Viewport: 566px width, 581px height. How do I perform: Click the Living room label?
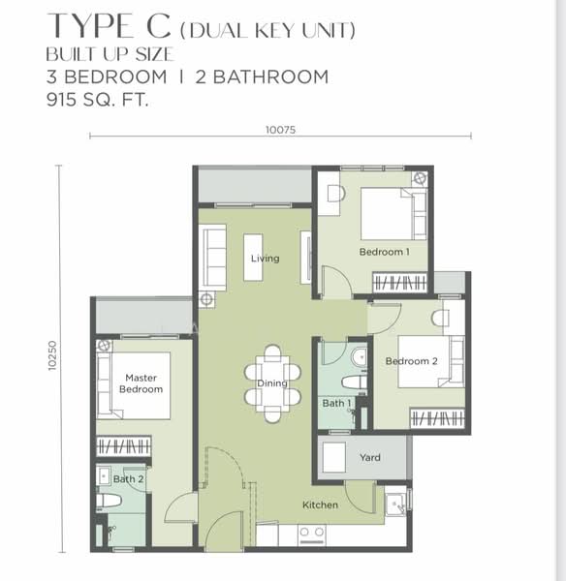[x=265, y=259]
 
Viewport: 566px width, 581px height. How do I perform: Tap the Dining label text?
[x=271, y=383]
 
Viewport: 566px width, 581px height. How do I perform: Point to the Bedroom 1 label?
[x=383, y=252]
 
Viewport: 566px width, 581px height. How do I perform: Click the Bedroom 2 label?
[x=412, y=361]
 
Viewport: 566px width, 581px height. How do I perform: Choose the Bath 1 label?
[x=336, y=404]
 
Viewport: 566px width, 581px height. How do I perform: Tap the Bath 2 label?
[x=128, y=478]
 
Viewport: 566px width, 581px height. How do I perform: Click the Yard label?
[x=369, y=458]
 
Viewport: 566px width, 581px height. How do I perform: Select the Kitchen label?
[x=320, y=505]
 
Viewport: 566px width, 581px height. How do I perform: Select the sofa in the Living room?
[x=212, y=257]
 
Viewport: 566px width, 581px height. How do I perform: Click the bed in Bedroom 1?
[x=392, y=213]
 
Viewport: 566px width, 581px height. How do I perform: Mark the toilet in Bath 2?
[x=109, y=501]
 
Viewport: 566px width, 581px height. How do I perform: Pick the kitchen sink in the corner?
[x=395, y=504]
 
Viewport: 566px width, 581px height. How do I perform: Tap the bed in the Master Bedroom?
[x=136, y=385]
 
